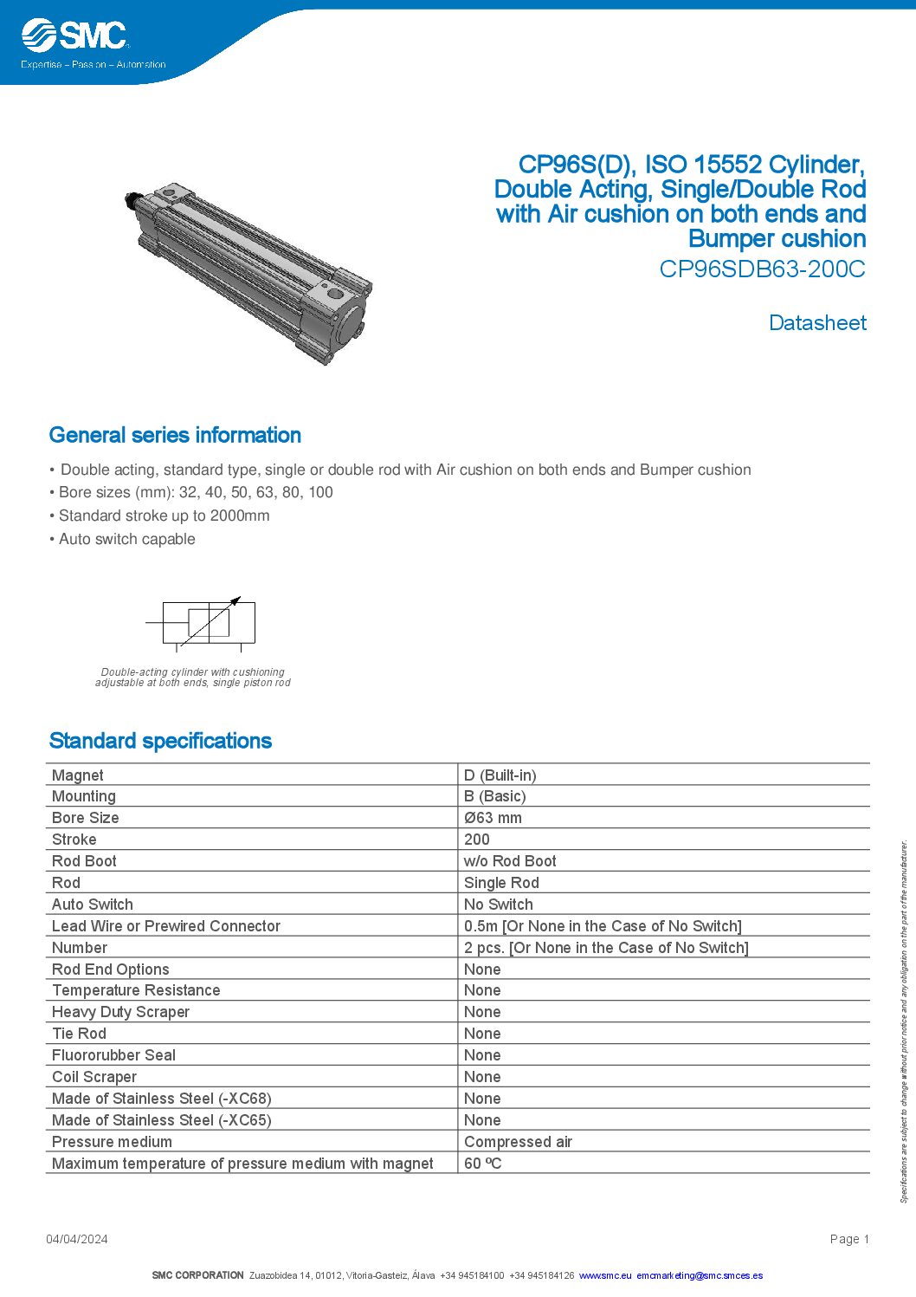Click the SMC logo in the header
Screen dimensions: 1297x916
(x=75, y=36)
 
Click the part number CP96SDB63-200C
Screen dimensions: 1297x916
(x=762, y=269)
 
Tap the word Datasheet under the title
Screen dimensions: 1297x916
(x=817, y=322)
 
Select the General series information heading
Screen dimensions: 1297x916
(x=175, y=435)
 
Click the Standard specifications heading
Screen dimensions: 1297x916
(x=160, y=741)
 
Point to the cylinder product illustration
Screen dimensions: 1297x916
(x=248, y=274)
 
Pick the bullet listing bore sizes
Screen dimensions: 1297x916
(x=196, y=492)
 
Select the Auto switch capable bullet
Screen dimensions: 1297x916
(x=126, y=539)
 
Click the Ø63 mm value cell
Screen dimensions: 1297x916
(x=493, y=818)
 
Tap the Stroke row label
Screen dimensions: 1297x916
(x=74, y=840)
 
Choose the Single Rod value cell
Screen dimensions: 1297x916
(x=501, y=883)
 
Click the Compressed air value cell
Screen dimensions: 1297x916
(x=518, y=1142)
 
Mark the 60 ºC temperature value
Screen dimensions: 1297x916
(x=482, y=1164)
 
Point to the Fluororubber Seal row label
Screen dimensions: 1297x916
(x=113, y=1055)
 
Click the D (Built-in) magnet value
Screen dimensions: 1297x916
(x=500, y=775)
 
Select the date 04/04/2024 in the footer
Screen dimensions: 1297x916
(x=77, y=1239)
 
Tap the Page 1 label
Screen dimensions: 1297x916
(x=848, y=1239)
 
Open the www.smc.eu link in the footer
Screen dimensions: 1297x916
(x=605, y=1275)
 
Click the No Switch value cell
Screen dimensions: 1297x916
(x=498, y=905)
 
